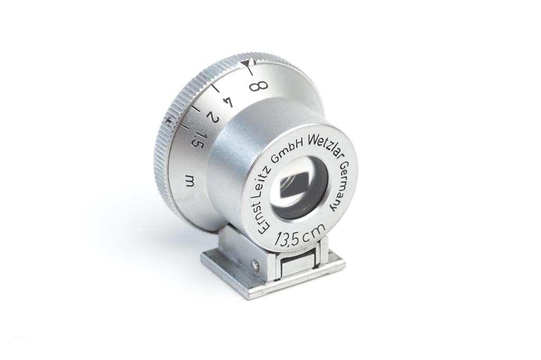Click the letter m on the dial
[190, 181]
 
